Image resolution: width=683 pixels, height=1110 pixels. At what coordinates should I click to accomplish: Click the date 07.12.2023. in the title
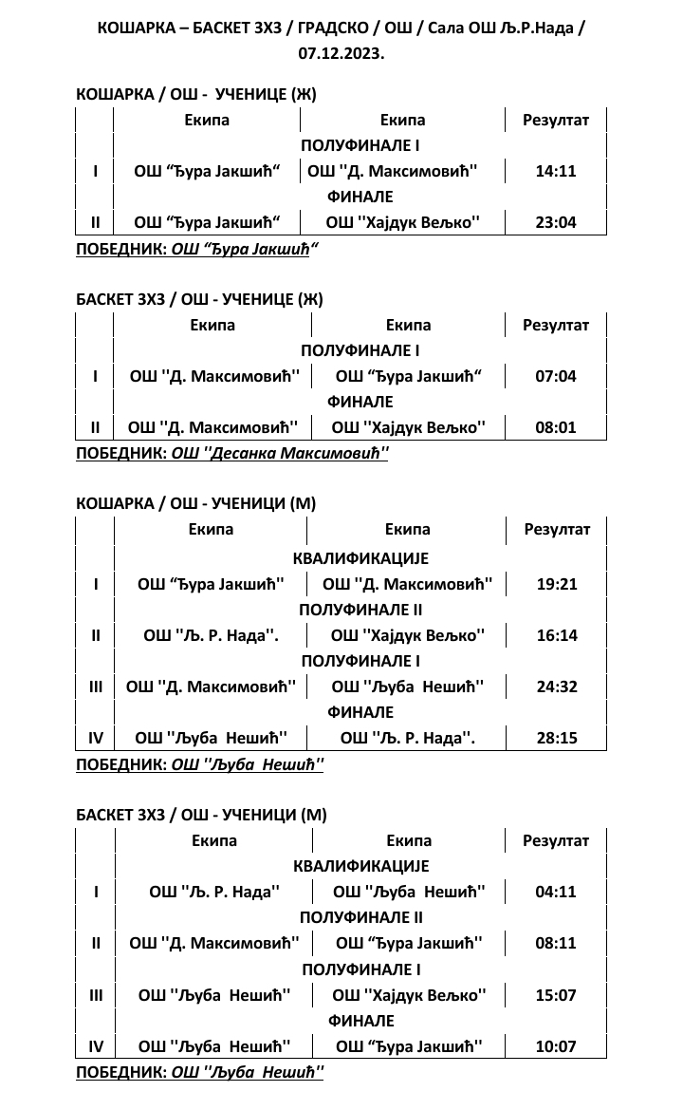point(341,53)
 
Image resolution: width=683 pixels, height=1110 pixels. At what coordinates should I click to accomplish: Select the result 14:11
point(556,172)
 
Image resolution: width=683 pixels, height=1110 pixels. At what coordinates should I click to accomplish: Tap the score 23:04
point(556,223)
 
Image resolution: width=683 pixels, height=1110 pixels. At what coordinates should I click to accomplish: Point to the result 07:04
point(556,376)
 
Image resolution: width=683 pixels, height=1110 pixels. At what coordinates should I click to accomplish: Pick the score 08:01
point(556,427)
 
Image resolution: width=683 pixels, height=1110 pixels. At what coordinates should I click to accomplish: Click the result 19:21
point(557,584)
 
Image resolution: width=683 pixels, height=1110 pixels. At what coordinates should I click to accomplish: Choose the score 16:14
point(557,635)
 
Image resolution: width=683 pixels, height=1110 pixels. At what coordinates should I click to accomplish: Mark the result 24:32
point(557,687)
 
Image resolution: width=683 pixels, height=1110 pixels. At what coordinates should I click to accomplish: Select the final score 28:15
point(557,738)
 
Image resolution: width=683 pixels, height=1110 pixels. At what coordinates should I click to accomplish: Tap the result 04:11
point(557,892)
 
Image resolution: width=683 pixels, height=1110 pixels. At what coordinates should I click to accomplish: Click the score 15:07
point(557,995)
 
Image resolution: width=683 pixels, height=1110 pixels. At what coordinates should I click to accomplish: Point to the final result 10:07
point(557,1046)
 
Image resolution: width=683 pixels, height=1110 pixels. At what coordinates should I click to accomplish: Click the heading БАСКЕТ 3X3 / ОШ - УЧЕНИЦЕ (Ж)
point(199,299)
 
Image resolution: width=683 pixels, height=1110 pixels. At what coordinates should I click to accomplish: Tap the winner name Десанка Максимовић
point(280,453)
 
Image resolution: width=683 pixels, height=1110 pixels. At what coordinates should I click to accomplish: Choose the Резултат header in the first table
point(556,120)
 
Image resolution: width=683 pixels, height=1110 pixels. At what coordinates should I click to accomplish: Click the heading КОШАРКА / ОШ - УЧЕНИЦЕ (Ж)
point(195,94)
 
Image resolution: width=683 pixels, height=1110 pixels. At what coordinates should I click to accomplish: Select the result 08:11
point(557,943)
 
